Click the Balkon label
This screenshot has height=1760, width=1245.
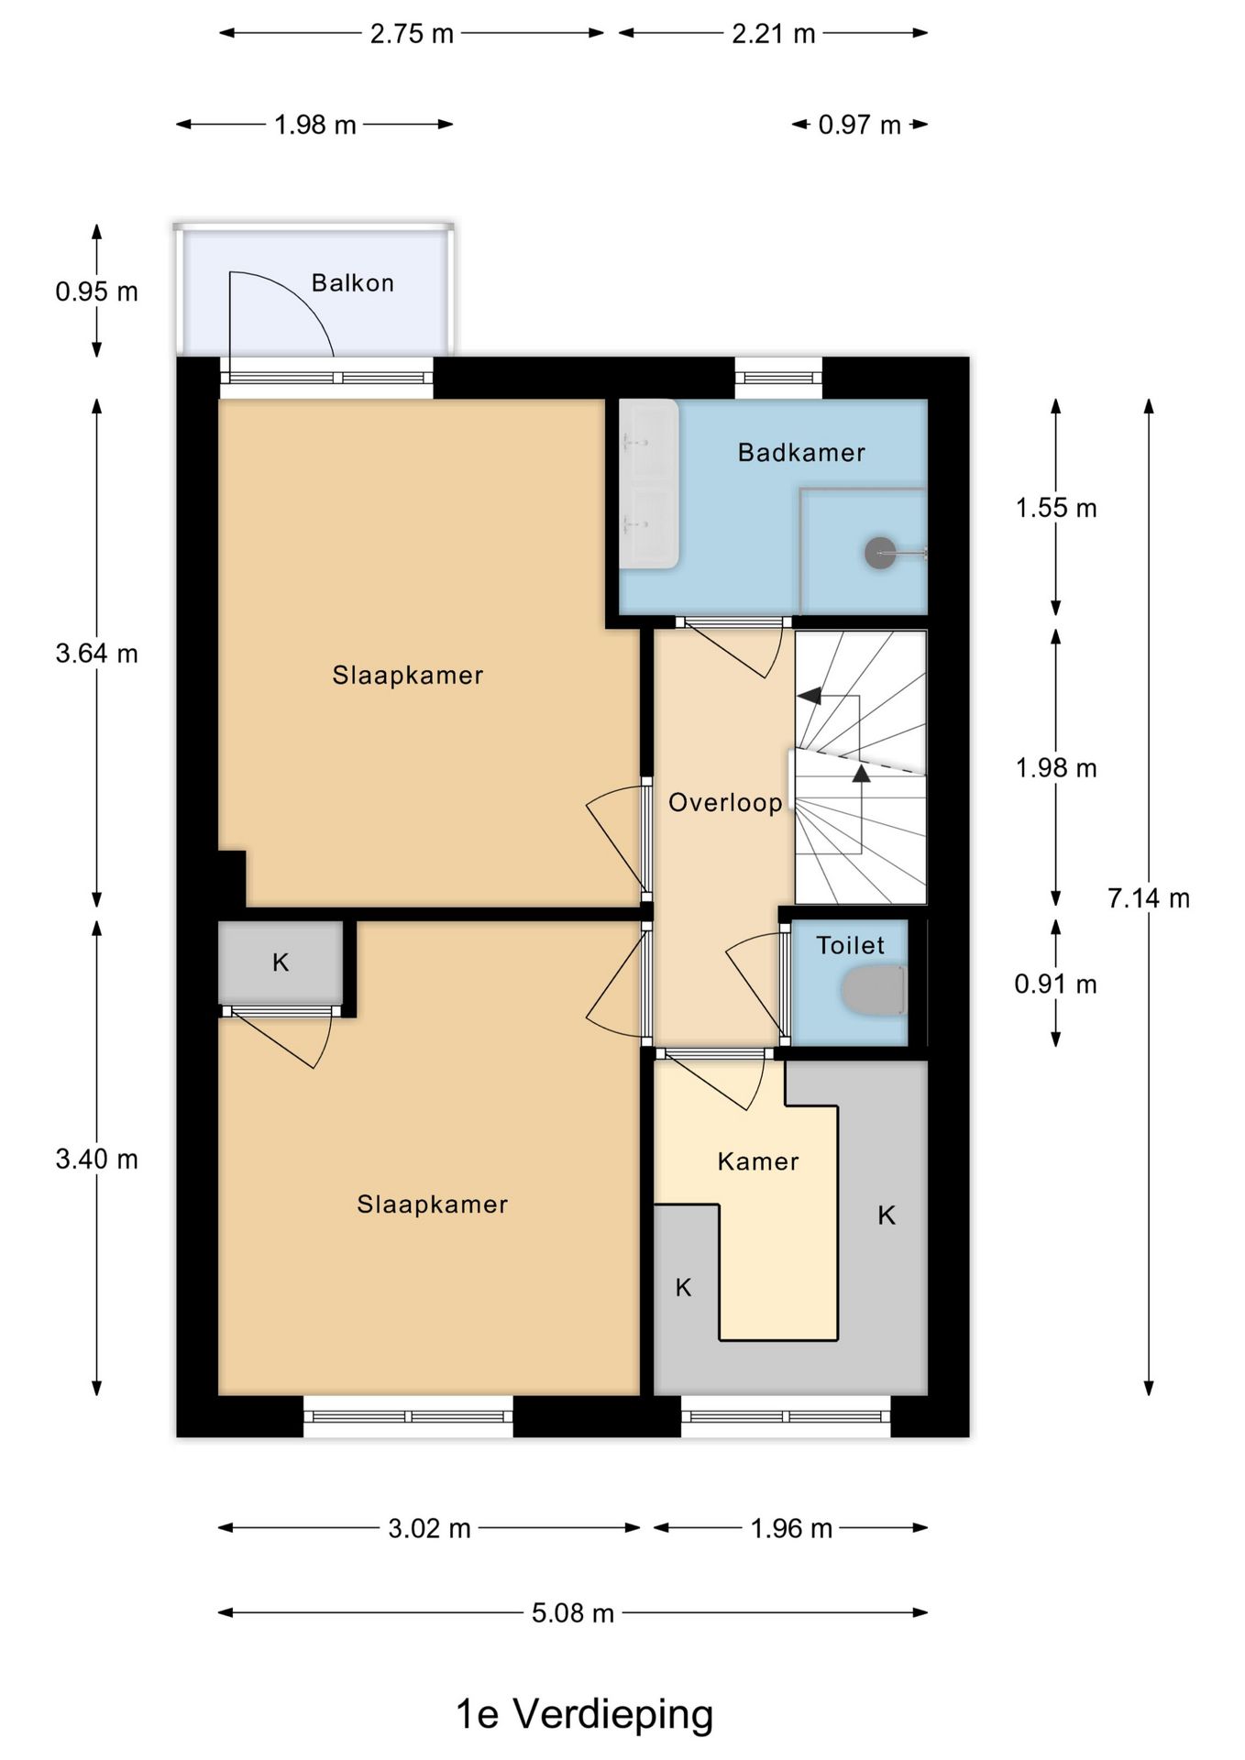(353, 282)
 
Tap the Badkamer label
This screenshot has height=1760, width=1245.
(801, 452)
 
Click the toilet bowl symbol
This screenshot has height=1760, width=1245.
(874, 990)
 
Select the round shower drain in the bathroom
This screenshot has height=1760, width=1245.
(880, 553)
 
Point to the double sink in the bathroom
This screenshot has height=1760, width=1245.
(649, 483)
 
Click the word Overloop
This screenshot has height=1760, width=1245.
(725, 803)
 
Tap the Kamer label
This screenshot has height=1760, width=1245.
(757, 1161)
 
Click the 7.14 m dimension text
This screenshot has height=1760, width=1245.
(1148, 898)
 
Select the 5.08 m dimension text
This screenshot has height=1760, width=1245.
(572, 1612)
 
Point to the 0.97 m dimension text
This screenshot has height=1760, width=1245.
(859, 125)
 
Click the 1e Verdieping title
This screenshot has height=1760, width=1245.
(584, 1713)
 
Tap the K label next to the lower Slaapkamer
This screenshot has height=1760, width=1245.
(281, 962)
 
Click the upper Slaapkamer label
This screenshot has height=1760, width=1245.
(407, 676)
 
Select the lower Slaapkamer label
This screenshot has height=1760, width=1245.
(432, 1204)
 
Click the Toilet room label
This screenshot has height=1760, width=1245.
(850, 945)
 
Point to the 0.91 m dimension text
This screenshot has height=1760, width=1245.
(1055, 984)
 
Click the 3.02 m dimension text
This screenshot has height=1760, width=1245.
(429, 1528)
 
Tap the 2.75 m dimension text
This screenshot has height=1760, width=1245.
(412, 34)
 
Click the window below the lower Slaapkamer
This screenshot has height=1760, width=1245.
(408, 1416)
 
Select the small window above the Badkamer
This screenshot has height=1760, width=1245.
(778, 377)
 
